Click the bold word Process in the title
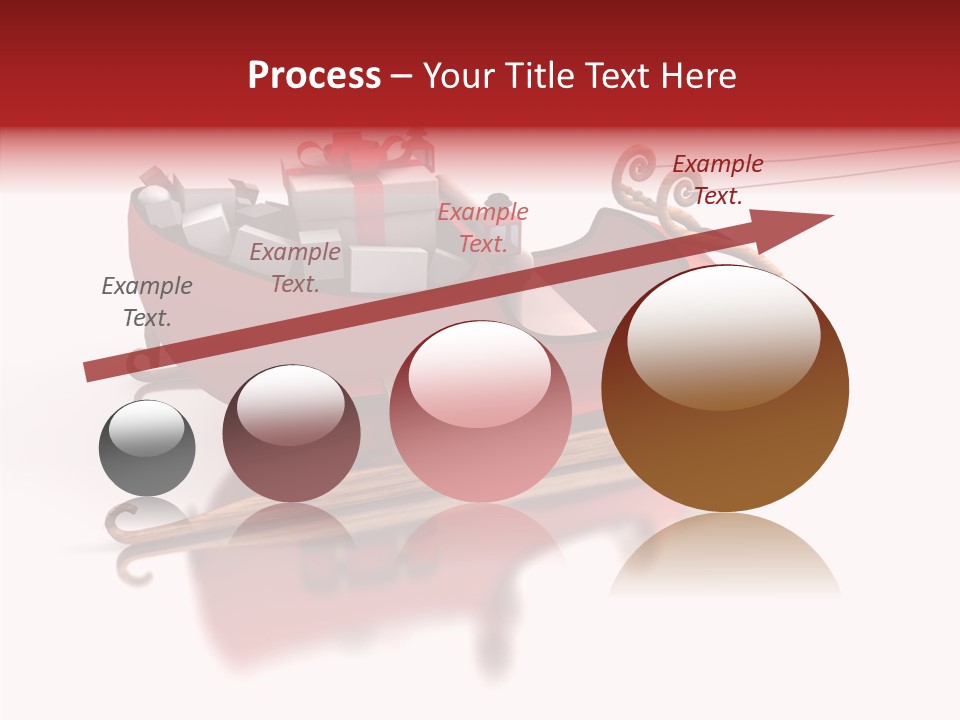point(314,75)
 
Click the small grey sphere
point(147,449)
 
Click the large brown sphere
point(725,400)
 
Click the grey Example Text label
point(147,302)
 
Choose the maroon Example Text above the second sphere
point(295,268)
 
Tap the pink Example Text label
point(483,227)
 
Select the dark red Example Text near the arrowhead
point(718,180)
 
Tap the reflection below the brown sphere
point(725,555)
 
